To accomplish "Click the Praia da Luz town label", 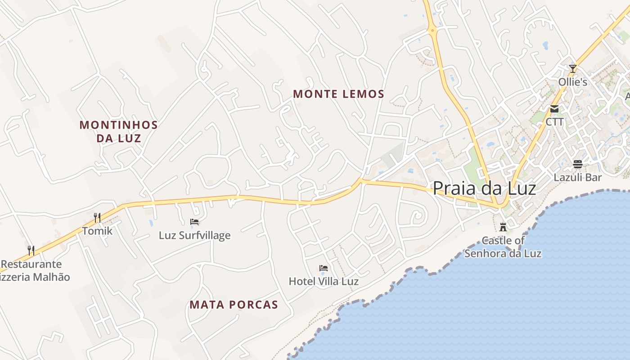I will [484, 188].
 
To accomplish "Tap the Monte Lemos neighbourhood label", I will [339, 94].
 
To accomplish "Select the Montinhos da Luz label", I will [119, 131].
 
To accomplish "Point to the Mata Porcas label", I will [234, 305].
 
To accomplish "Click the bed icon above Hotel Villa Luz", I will [324, 268].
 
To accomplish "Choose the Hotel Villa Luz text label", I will [324, 282].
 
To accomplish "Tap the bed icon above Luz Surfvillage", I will [194, 222].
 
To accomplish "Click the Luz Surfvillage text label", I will [194, 235].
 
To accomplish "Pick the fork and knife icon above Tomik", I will [97, 218].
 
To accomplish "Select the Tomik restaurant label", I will [97, 231].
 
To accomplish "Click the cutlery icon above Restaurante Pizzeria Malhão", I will [31, 251].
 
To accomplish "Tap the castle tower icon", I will [503, 227].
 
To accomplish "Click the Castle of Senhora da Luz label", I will [503, 247].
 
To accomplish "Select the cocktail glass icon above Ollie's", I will [573, 69].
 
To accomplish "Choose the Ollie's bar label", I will [573, 82].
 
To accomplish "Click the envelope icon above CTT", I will [554, 109].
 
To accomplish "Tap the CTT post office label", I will [554, 122].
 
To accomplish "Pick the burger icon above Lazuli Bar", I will [578, 164].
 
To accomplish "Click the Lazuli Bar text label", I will [578, 177].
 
